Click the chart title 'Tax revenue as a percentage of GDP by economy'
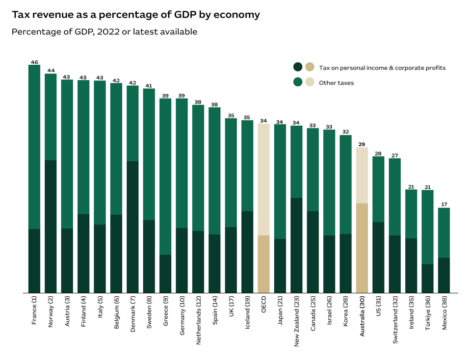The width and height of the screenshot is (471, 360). click(136, 15)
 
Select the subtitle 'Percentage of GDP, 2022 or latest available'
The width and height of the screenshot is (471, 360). click(105, 32)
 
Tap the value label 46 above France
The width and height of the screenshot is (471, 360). click(34, 62)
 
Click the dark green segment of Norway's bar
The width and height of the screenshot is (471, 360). click(51, 226)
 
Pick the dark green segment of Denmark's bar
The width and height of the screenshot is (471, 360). click(132, 227)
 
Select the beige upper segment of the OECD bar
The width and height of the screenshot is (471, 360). click(263, 180)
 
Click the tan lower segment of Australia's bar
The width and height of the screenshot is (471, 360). click(362, 248)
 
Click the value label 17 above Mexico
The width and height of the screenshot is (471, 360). click(444, 205)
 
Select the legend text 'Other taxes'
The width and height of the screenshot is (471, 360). click(336, 83)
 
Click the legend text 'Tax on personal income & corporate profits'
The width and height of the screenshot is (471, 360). click(382, 68)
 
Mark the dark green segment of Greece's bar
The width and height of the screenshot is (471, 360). click(165, 273)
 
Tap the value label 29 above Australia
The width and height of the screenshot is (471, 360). click(362, 144)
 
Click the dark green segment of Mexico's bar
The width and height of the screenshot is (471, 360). click(444, 275)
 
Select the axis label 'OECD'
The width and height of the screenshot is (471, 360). click(263, 304)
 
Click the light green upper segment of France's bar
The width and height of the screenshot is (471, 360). click(34, 147)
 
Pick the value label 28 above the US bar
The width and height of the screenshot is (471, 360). click(378, 153)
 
